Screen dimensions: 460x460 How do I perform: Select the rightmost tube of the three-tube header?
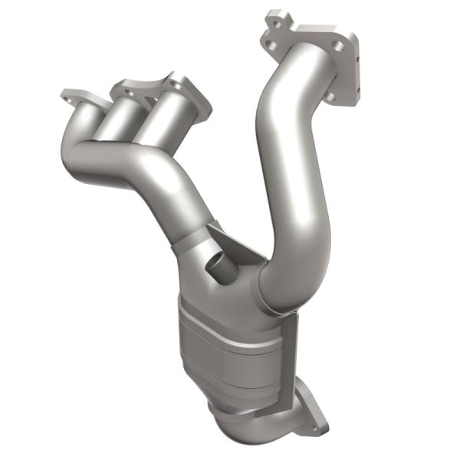pyautogui.click(x=157, y=119)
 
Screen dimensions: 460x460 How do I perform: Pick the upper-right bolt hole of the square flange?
pyautogui.click(x=338, y=48)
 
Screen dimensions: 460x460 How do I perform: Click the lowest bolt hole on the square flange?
pyautogui.click(x=330, y=97)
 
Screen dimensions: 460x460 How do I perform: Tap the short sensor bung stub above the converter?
pyautogui.click(x=219, y=268)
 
